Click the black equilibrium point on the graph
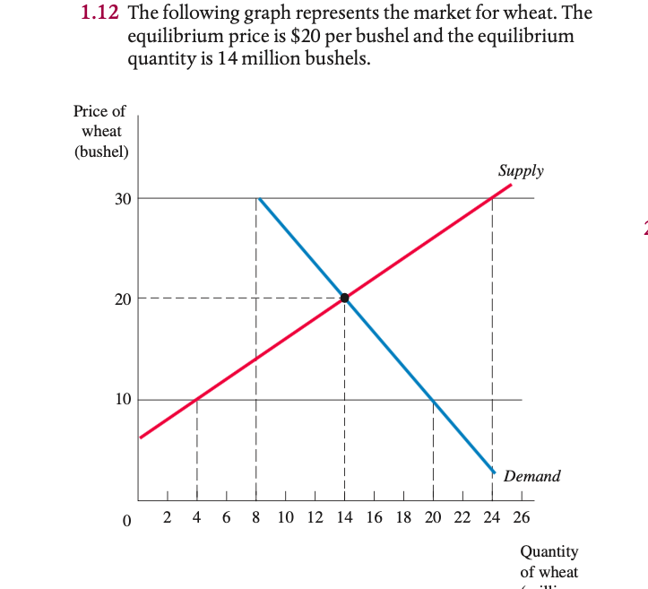[x=344, y=299]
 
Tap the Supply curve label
[x=521, y=170]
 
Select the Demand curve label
[x=531, y=476]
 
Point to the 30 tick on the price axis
[x=123, y=198]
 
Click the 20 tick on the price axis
[x=123, y=299]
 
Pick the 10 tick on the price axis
[x=123, y=399]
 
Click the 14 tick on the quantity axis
[x=344, y=518]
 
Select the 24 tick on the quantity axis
[x=491, y=518]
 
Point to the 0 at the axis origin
[x=126, y=519]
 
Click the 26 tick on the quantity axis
[x=521, y=518]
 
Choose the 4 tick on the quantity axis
[x=196, y=518]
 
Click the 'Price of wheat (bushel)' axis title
[x=100, y=131]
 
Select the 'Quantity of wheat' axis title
[x=549, y=561]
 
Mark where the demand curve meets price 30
[x=258, y=198]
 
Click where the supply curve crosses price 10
[x=196, y=399]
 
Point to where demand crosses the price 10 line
[x=433, y=399]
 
